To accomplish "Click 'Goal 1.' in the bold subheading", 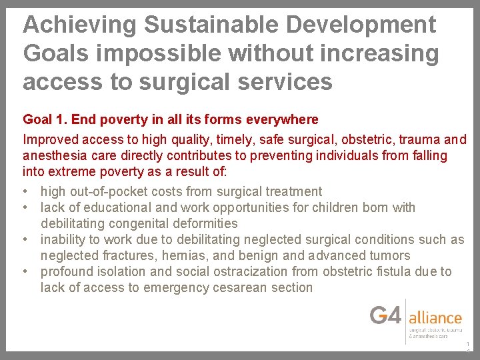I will [45, 120].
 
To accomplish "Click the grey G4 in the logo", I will [386, 315].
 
